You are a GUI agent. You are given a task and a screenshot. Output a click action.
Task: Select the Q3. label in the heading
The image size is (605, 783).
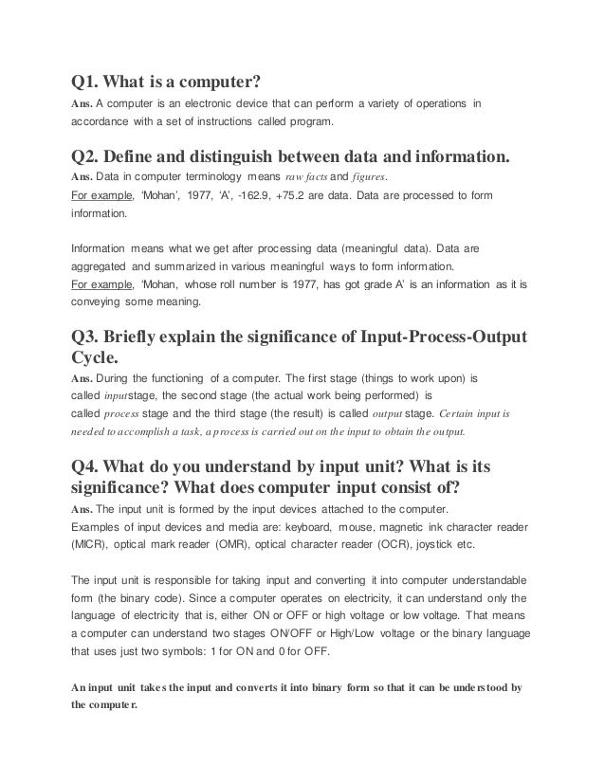click(x=86, y=337)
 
